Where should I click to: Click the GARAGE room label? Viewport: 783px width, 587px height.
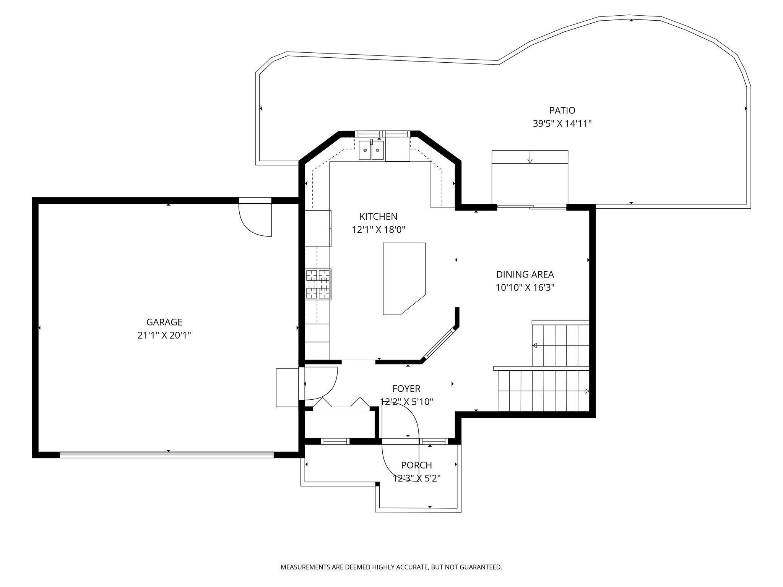coord(164,322)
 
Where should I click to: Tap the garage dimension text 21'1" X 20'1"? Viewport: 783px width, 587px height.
coord(164,336)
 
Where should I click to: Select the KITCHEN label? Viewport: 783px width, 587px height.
coord(378,217)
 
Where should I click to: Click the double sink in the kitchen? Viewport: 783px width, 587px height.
coord(371,151)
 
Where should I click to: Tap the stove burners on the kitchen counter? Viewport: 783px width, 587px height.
coord(318,284)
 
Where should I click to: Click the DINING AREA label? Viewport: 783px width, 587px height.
coord(525,274)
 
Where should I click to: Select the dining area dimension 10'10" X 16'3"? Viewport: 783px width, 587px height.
coord(525,288)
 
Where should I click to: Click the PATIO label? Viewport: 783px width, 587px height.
coord(562,110)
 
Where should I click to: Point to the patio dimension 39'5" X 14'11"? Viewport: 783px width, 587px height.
coord(562,124)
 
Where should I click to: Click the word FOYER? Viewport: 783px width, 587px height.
coord(406,389)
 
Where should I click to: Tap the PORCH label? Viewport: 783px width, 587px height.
coord(416,465)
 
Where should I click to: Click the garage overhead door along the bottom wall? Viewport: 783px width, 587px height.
coord(167,454)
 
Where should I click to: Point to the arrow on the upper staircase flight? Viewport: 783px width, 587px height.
coord(535,345)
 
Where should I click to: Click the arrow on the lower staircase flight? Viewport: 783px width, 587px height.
coord(586,391)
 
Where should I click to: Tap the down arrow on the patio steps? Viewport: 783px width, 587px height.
coord(530,160)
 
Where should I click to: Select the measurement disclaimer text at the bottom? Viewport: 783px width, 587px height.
coord(391,567)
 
